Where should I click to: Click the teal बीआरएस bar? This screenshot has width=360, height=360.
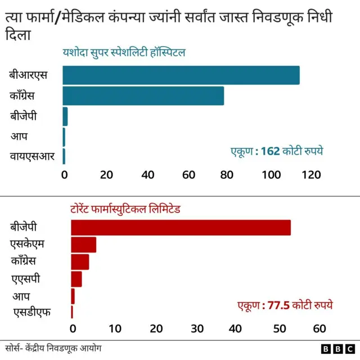tap(181, 75)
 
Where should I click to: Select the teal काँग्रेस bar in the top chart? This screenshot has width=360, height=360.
tap(143, 96)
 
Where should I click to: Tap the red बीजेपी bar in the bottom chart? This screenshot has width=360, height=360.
tap(181, 227)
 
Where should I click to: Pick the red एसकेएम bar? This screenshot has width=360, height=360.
tap(83, 245)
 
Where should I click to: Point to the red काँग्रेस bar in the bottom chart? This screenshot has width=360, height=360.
tap(80, 262)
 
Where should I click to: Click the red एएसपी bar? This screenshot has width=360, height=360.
tap(76, 278)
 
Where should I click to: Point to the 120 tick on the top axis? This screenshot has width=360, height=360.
tap(311, 174)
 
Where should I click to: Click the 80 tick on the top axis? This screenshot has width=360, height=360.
tap(228, 174)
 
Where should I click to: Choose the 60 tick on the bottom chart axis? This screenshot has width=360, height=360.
tap(319, 328)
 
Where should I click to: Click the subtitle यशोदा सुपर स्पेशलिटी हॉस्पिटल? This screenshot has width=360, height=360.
tap(124, 53)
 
